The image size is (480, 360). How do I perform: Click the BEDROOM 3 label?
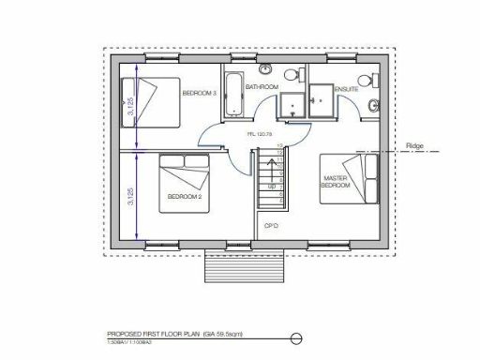(199, 94)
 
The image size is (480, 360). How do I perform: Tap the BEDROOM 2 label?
(185, 196)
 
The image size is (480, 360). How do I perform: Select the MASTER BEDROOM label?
(336, 182)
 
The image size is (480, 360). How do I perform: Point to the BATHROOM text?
(262, 87)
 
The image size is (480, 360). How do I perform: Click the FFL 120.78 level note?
(260, 134)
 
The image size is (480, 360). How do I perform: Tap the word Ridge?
(416, 147)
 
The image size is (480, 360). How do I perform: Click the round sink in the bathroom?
(266, 70)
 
